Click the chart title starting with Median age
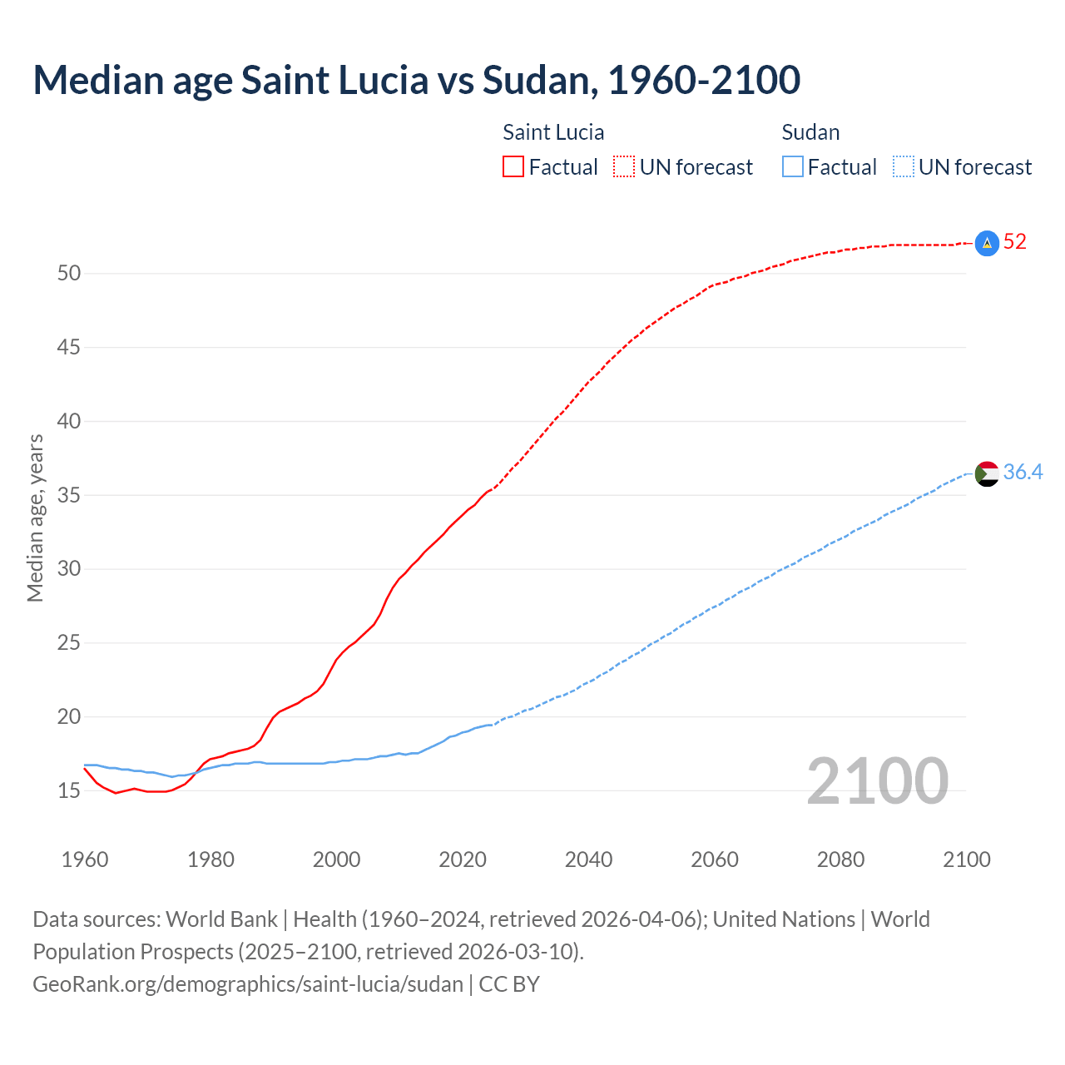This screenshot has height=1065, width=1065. point(416,80)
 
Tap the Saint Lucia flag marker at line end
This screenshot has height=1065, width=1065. point(986,243)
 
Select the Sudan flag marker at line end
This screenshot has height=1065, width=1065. point(986,473)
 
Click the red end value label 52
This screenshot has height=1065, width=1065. point(1015,242)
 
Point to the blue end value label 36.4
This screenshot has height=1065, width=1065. point(1023,473)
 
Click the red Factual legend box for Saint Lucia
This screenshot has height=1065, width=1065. point(513,167)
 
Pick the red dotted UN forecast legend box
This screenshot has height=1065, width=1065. point(624,167)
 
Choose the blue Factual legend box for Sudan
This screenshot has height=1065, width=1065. point(793,167)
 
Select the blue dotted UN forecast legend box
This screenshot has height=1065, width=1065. point(904,167)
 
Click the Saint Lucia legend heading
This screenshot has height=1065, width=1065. point(553,132)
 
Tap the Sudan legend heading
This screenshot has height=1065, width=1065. point(810,132)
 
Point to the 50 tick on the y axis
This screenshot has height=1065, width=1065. point(68,274)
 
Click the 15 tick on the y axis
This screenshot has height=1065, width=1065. point(68,790)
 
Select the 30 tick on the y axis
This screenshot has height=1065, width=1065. point(68,569)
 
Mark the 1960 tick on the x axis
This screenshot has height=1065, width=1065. point(85,859)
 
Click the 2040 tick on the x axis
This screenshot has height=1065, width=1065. point(588,859)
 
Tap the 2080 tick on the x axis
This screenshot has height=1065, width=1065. point(840,859)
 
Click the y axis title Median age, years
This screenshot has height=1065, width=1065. point(35,518)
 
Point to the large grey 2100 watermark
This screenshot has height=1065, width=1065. point(878,780)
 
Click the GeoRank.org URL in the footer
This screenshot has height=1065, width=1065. point(248,984)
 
